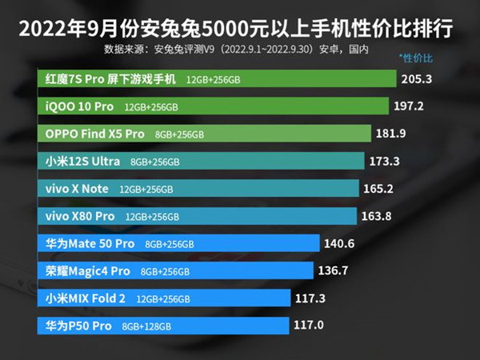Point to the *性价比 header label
pos(415,59)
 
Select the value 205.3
pos(418,78)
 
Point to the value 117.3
pos(311,298)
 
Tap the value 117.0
pos(310,325)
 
